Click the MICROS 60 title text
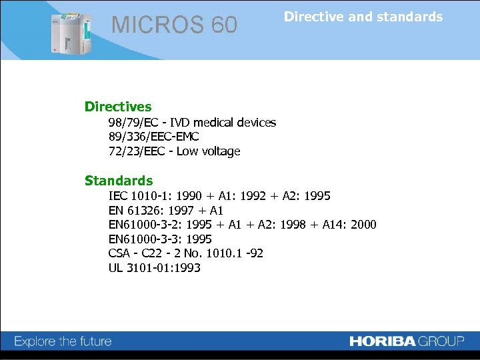[x=174, y=25]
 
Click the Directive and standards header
[x=363, y=17]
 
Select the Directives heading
[x=118, y=107]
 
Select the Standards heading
[x=119, y=181]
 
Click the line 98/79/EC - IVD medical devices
[x=192, y=123]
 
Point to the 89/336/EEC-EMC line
[x=154, y=137]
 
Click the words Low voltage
[x=208, y=151]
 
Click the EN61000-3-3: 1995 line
[x=160, y=239]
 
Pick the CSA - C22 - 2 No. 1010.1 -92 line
[x=185, y=253]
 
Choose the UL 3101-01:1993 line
[x=154, y=268]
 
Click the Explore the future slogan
[x=63, y=341]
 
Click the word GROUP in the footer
[x=441, y=341]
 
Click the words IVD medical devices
[x=223, y=123]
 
